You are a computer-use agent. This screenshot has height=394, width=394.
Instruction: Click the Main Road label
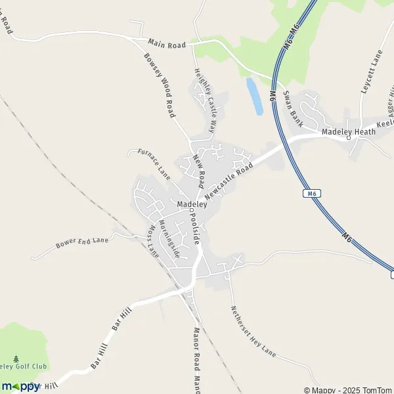(x=167, y=43)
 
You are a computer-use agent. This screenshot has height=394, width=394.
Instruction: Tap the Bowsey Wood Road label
(x=160, y=85)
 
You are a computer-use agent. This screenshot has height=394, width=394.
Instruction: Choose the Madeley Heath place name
(x=349, y=131)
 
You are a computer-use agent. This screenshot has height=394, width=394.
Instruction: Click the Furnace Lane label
(x=154, y=162)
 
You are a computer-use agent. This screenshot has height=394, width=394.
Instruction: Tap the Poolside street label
(x=194, y=228)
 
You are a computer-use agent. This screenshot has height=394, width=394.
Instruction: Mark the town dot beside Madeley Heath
(x=349, y=139)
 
